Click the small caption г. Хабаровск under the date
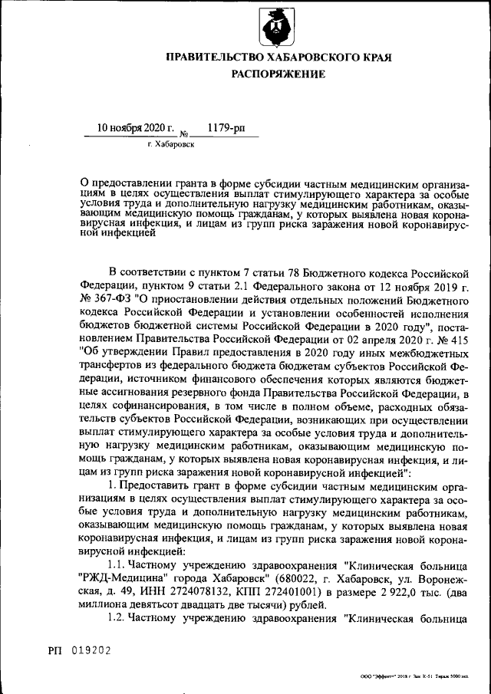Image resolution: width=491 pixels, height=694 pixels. click(171, 143)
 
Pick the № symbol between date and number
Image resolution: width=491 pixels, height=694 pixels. click(183, 132)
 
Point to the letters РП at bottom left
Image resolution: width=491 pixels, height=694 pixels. click(56, 650)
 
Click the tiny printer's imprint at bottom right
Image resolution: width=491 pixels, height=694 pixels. click(414, 678)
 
